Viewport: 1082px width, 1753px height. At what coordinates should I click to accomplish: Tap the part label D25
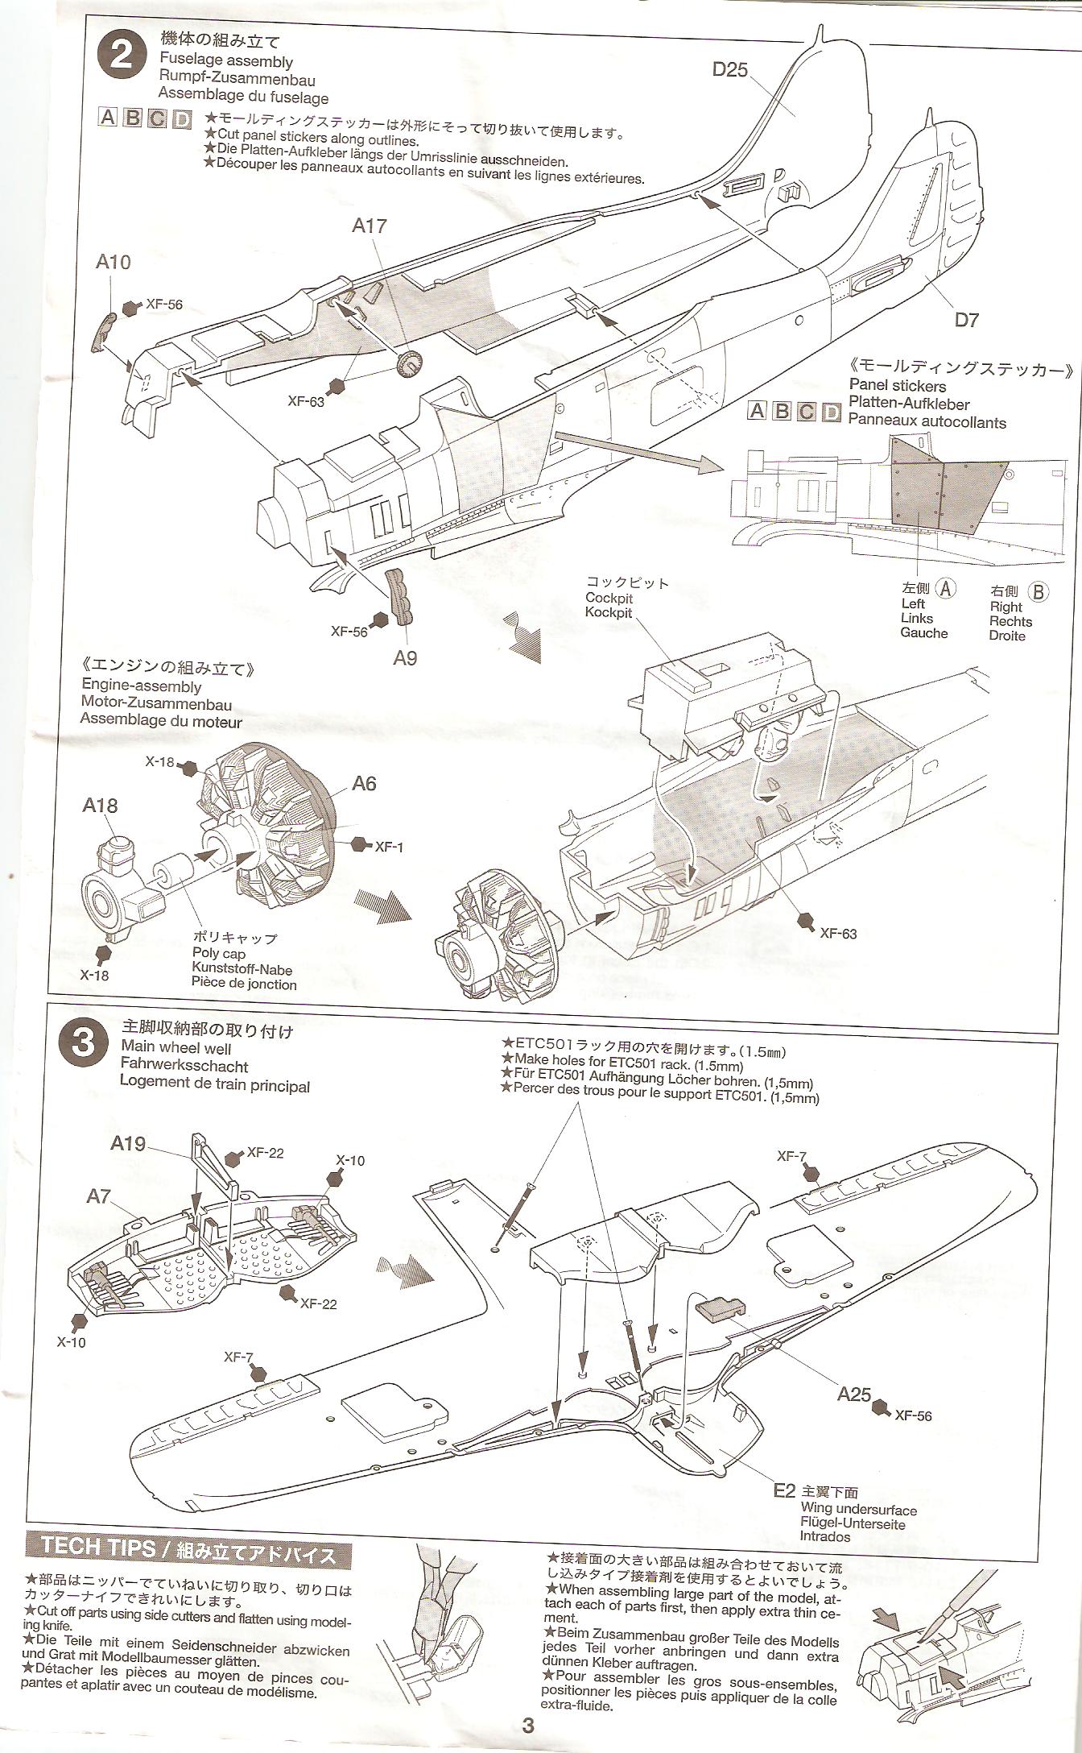[x=730, y=70]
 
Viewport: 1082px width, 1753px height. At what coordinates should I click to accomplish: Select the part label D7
[x=966, y=320]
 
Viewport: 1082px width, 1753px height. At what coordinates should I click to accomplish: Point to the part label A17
[x=370, y=226]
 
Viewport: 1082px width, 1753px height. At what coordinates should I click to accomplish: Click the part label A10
[x=113, y=262]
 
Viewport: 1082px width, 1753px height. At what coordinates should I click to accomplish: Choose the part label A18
[x=100, y=806]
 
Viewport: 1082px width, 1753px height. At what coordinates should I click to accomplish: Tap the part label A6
[x=364, y=784]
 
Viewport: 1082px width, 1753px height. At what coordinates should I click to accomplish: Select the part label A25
[x=853, y=1393]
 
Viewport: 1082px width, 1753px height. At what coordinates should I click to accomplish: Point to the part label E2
[x=784, y=1490]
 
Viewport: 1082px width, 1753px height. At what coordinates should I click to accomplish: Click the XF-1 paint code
[x=389, y=846]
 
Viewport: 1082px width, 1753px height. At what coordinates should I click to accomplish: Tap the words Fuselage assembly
[x=226, y=61]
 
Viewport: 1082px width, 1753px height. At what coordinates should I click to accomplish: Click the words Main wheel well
[x=176, y=1048]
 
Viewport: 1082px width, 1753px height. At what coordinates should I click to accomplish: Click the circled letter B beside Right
[x=1039, y=592]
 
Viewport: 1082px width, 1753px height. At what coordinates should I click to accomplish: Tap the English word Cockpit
[x=609, y=598]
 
